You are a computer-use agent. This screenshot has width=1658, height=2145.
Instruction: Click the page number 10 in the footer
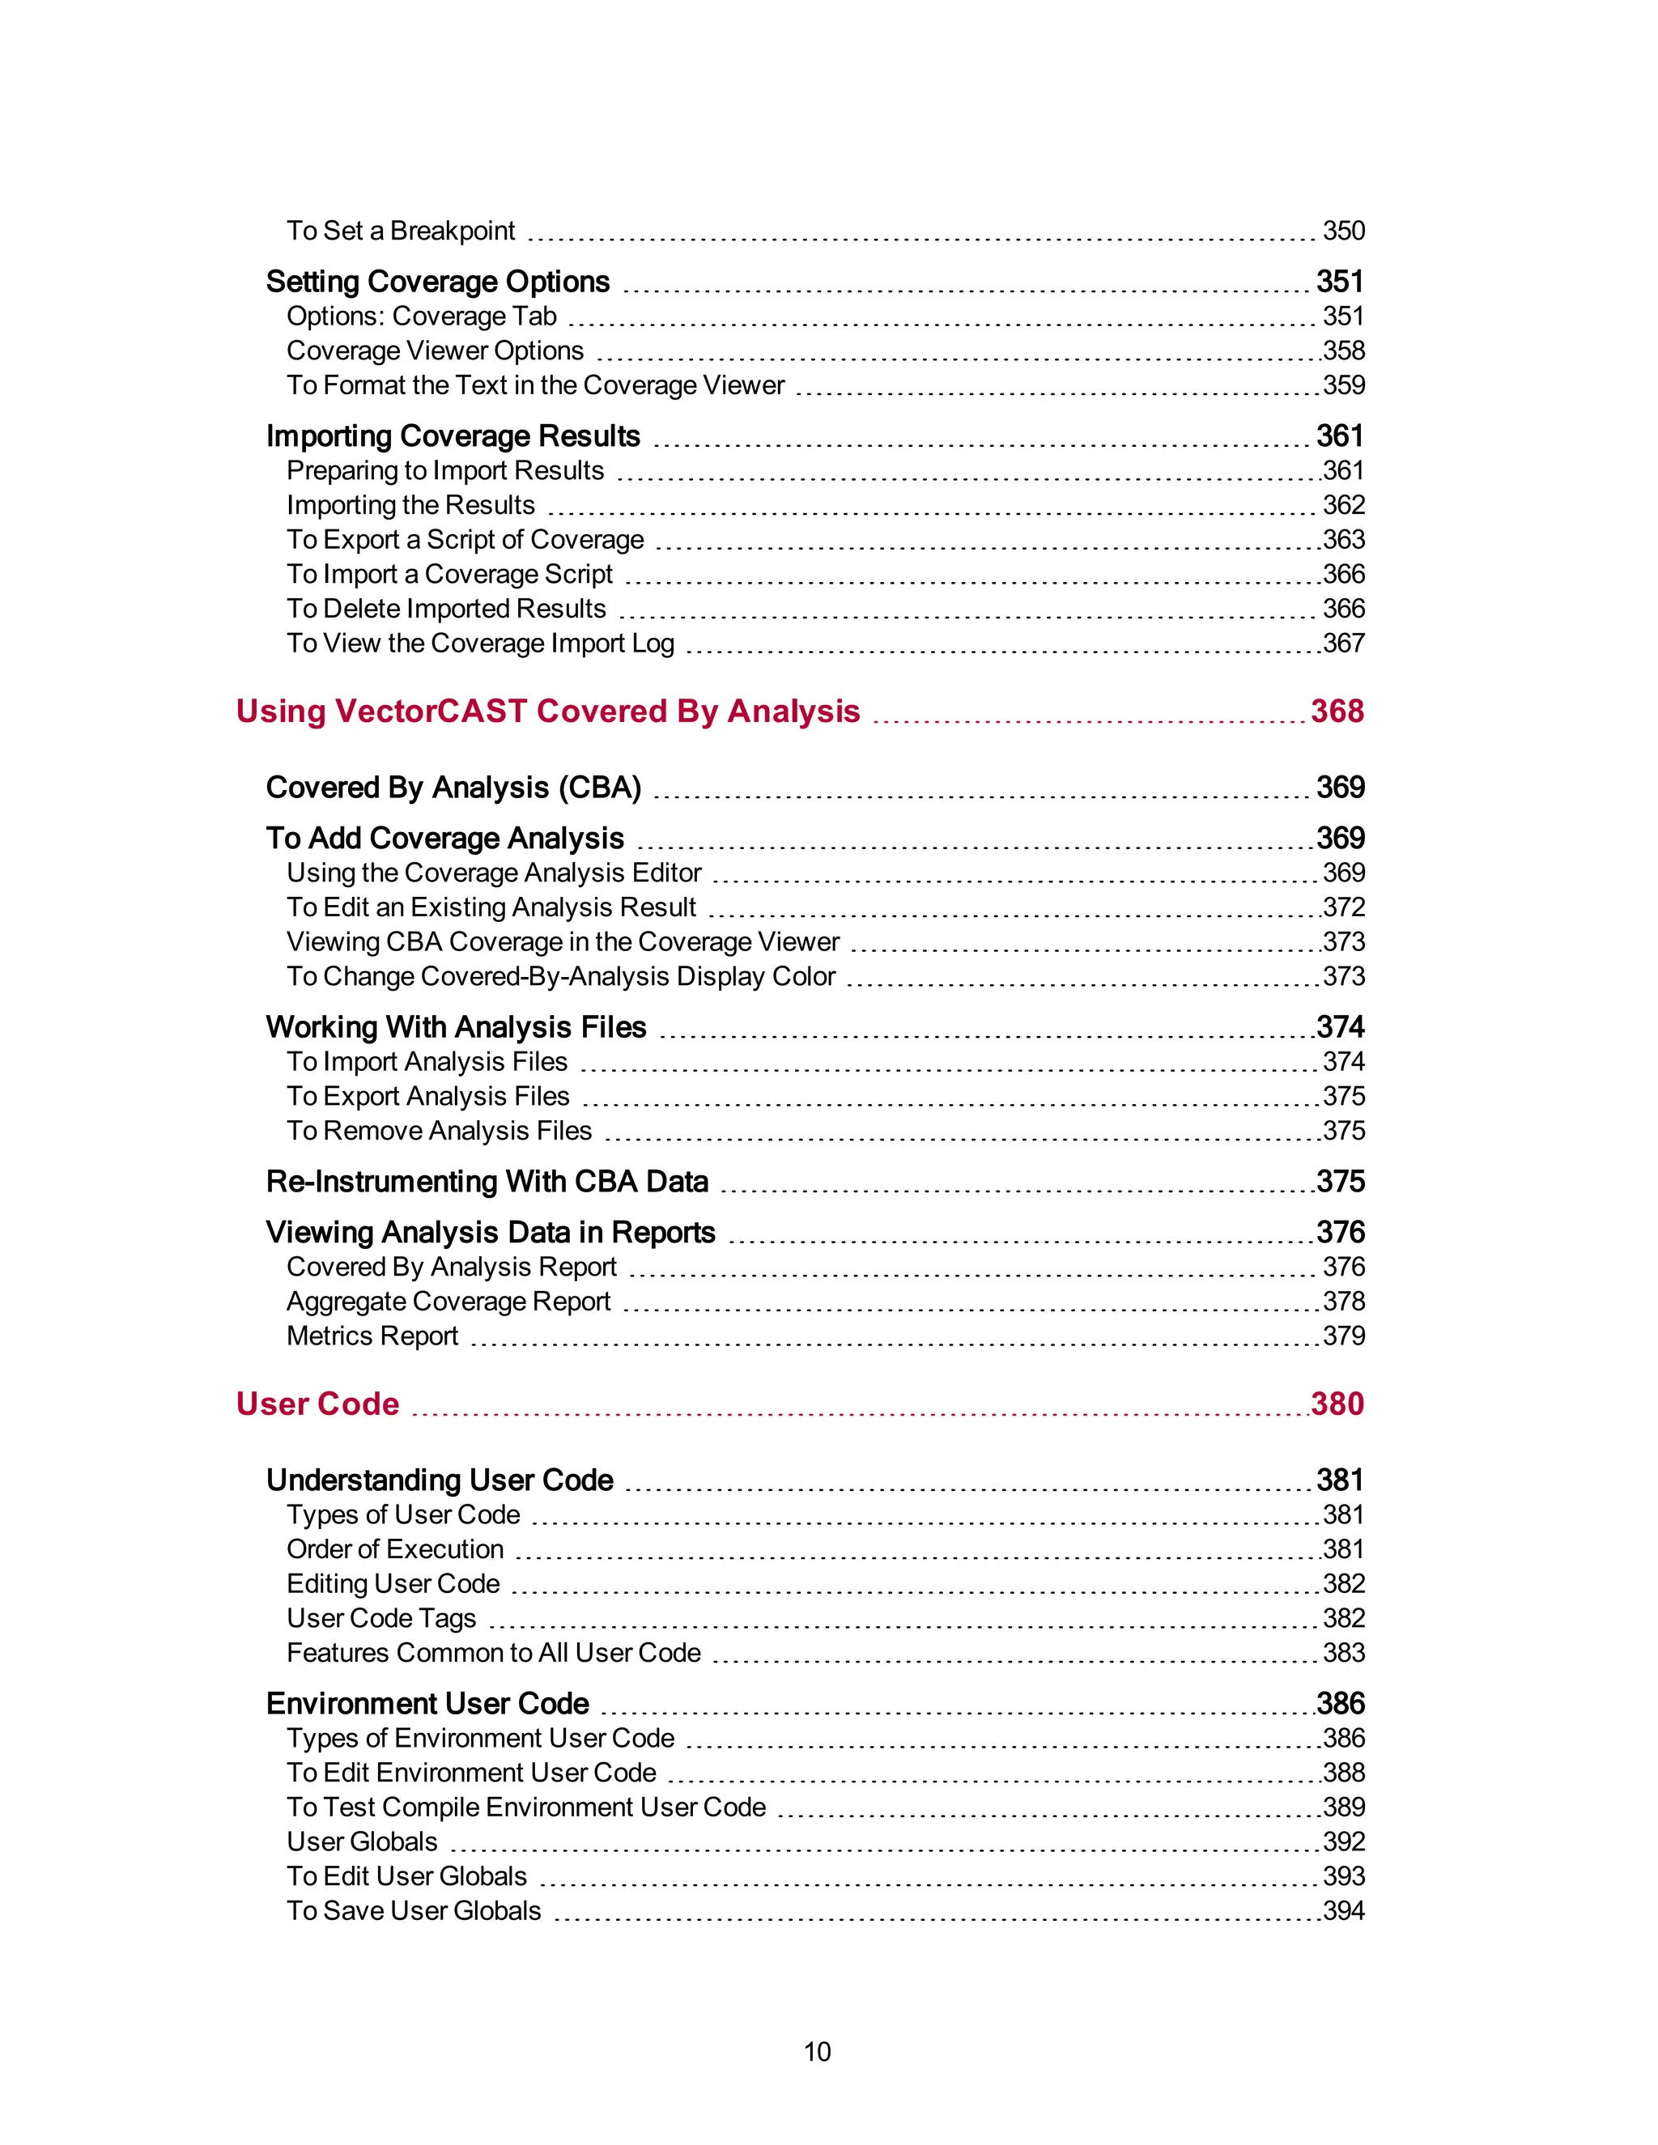[816, 2051]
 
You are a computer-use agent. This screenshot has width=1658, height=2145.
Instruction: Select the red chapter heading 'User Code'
[317, 1404]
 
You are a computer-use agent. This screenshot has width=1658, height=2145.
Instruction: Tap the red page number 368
[1337, 711]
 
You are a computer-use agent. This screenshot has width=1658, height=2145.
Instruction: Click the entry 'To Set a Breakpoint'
[400, 231]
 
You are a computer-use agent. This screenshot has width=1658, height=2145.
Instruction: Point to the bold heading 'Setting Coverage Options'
[438, 282]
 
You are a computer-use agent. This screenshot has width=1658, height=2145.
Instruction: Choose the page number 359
[1344, 385]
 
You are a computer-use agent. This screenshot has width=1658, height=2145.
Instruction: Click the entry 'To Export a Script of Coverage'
[465, 539]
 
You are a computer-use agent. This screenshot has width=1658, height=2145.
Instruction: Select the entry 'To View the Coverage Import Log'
[480, 643]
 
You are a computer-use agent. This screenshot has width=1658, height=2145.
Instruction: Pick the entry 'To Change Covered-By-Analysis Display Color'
[561, 976]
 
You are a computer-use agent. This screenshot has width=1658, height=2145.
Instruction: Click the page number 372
[1344, 907]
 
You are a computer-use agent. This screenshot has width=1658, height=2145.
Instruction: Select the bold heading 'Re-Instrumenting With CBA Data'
[487, 1182]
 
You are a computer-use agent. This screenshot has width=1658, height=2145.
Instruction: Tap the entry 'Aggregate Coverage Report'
[448, 1302]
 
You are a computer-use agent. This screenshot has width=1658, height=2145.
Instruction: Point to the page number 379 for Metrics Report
[1344, 1336]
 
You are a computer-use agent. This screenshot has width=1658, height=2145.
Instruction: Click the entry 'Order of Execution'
[395, 1548]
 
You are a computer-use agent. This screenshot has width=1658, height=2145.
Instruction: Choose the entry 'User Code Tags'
[381, 1617]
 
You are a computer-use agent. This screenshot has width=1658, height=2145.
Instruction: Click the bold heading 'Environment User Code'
[427, 1703]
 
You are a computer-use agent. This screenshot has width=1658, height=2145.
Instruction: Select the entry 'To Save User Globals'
[414, 1910]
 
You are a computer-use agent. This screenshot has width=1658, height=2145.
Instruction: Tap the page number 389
[1344, 1807]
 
